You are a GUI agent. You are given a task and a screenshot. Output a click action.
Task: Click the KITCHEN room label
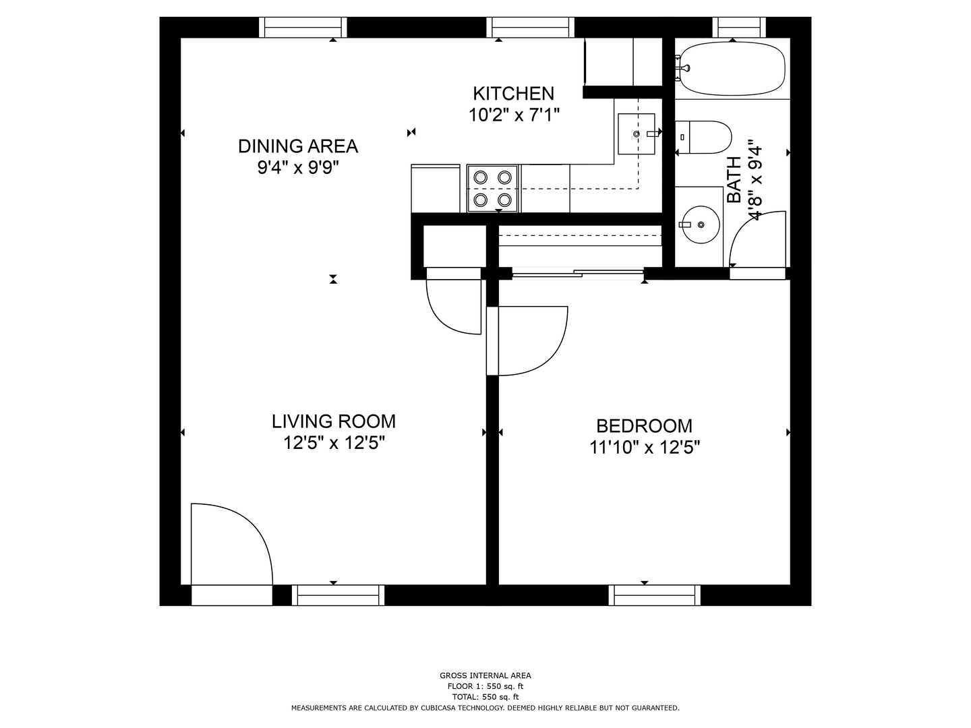click(x=513, y=94)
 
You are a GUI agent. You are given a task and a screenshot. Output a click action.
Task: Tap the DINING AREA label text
click(x=298, y=146)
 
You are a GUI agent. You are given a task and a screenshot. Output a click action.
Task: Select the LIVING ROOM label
click(x=334, y=421)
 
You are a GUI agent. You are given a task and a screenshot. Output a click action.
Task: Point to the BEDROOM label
click(x=644, y=426)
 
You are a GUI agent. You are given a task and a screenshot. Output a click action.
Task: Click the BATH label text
click(x=734, y=180)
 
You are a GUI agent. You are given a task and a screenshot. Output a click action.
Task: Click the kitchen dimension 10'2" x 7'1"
click(x=514, y=115)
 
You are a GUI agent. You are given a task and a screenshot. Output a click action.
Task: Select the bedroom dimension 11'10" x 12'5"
click(x=645, y=448)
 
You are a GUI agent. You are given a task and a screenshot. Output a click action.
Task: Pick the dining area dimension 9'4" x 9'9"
click(x=298, y=168)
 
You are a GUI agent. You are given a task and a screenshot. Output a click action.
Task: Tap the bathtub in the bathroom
click(x=732, y=69)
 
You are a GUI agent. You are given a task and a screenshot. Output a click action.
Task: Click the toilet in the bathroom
click(x=703, y=137)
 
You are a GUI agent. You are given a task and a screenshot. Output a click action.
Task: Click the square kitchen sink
click(x=636, y=134)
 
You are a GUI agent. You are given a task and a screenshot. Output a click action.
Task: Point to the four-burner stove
click(x=492, y=189)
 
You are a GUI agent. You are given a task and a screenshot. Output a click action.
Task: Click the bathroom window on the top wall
click(x=739, y=28)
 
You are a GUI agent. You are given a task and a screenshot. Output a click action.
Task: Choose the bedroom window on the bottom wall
click(x=655, y=595)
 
